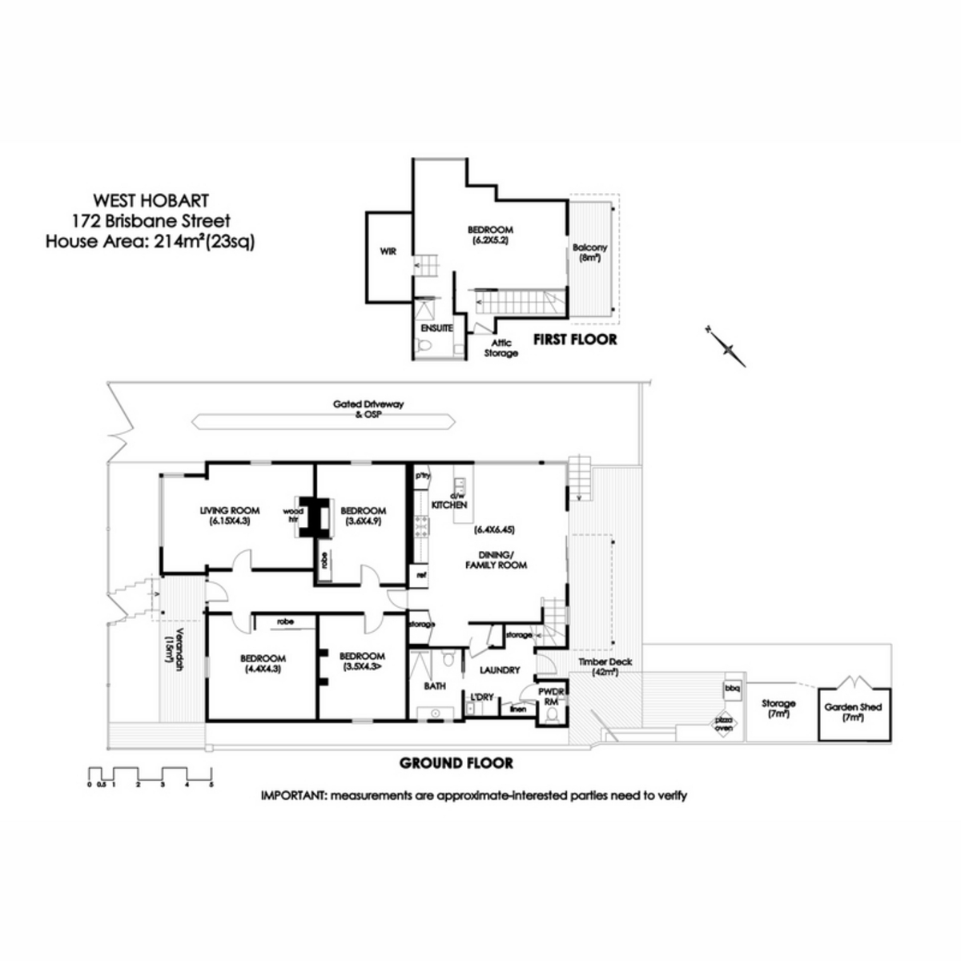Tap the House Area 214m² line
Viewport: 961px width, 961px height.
coord(151,240)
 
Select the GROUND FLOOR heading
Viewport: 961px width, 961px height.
coord(456,763)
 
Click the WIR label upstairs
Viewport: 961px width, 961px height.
coord(389,251)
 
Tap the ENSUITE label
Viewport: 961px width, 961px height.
coord(436,328)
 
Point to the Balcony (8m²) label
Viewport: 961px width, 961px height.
coord(590,253)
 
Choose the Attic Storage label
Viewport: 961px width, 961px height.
coord(501,348)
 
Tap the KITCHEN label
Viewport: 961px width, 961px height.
coord(449,505)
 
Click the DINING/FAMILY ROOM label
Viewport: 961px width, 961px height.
coord(497,559)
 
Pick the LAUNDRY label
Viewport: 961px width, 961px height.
coord(500,669)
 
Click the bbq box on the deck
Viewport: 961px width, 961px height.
coord(731,688)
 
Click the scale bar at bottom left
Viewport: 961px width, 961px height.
coord(150,776)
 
